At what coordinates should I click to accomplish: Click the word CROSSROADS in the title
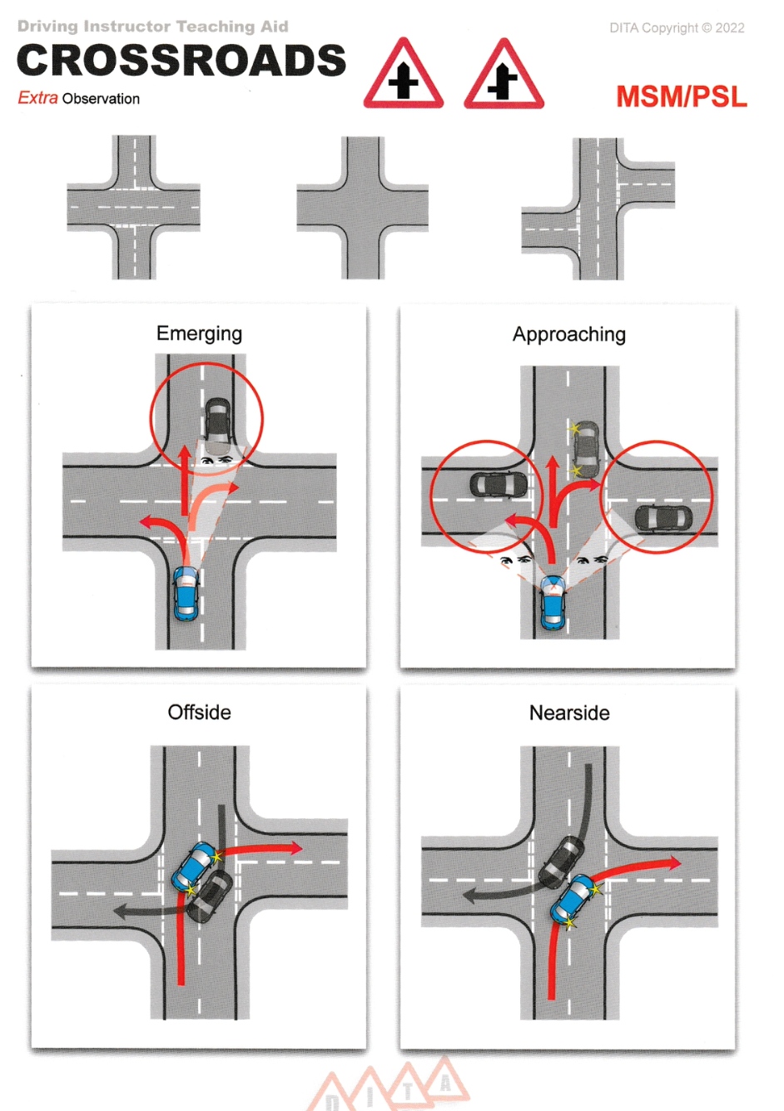(x=181, y=61)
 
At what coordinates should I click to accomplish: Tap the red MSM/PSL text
(x=681, y=96)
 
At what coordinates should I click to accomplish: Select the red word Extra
(x=37, y=98)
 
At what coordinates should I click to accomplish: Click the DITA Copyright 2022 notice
(x=677, y=27)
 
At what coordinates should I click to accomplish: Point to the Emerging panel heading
(x=199, y=333)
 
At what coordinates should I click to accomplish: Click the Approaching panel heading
(x=568, y=334)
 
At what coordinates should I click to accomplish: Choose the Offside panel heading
(x=199, y=713)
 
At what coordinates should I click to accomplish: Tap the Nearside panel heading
(x=569, y=713)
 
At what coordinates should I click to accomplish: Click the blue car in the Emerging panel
(x=186, y=594)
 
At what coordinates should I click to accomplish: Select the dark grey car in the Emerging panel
(x=218, y=422)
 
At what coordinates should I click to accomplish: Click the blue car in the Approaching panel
(x=552, y=602)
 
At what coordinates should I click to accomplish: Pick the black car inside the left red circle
(x=498, y=486)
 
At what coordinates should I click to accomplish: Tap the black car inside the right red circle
(x=662, y=517)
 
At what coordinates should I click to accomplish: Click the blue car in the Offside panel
(x=195, y=866)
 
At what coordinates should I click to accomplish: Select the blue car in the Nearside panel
(x=573, y=899)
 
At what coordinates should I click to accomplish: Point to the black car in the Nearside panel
(x=562, y=861)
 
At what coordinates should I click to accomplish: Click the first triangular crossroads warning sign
(x=404, y=75)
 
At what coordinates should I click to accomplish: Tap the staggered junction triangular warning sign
(x=504, y=75)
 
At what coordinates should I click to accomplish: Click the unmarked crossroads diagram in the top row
(x=363, y=207)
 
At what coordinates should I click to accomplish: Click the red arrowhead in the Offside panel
(x=295, y=848)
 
